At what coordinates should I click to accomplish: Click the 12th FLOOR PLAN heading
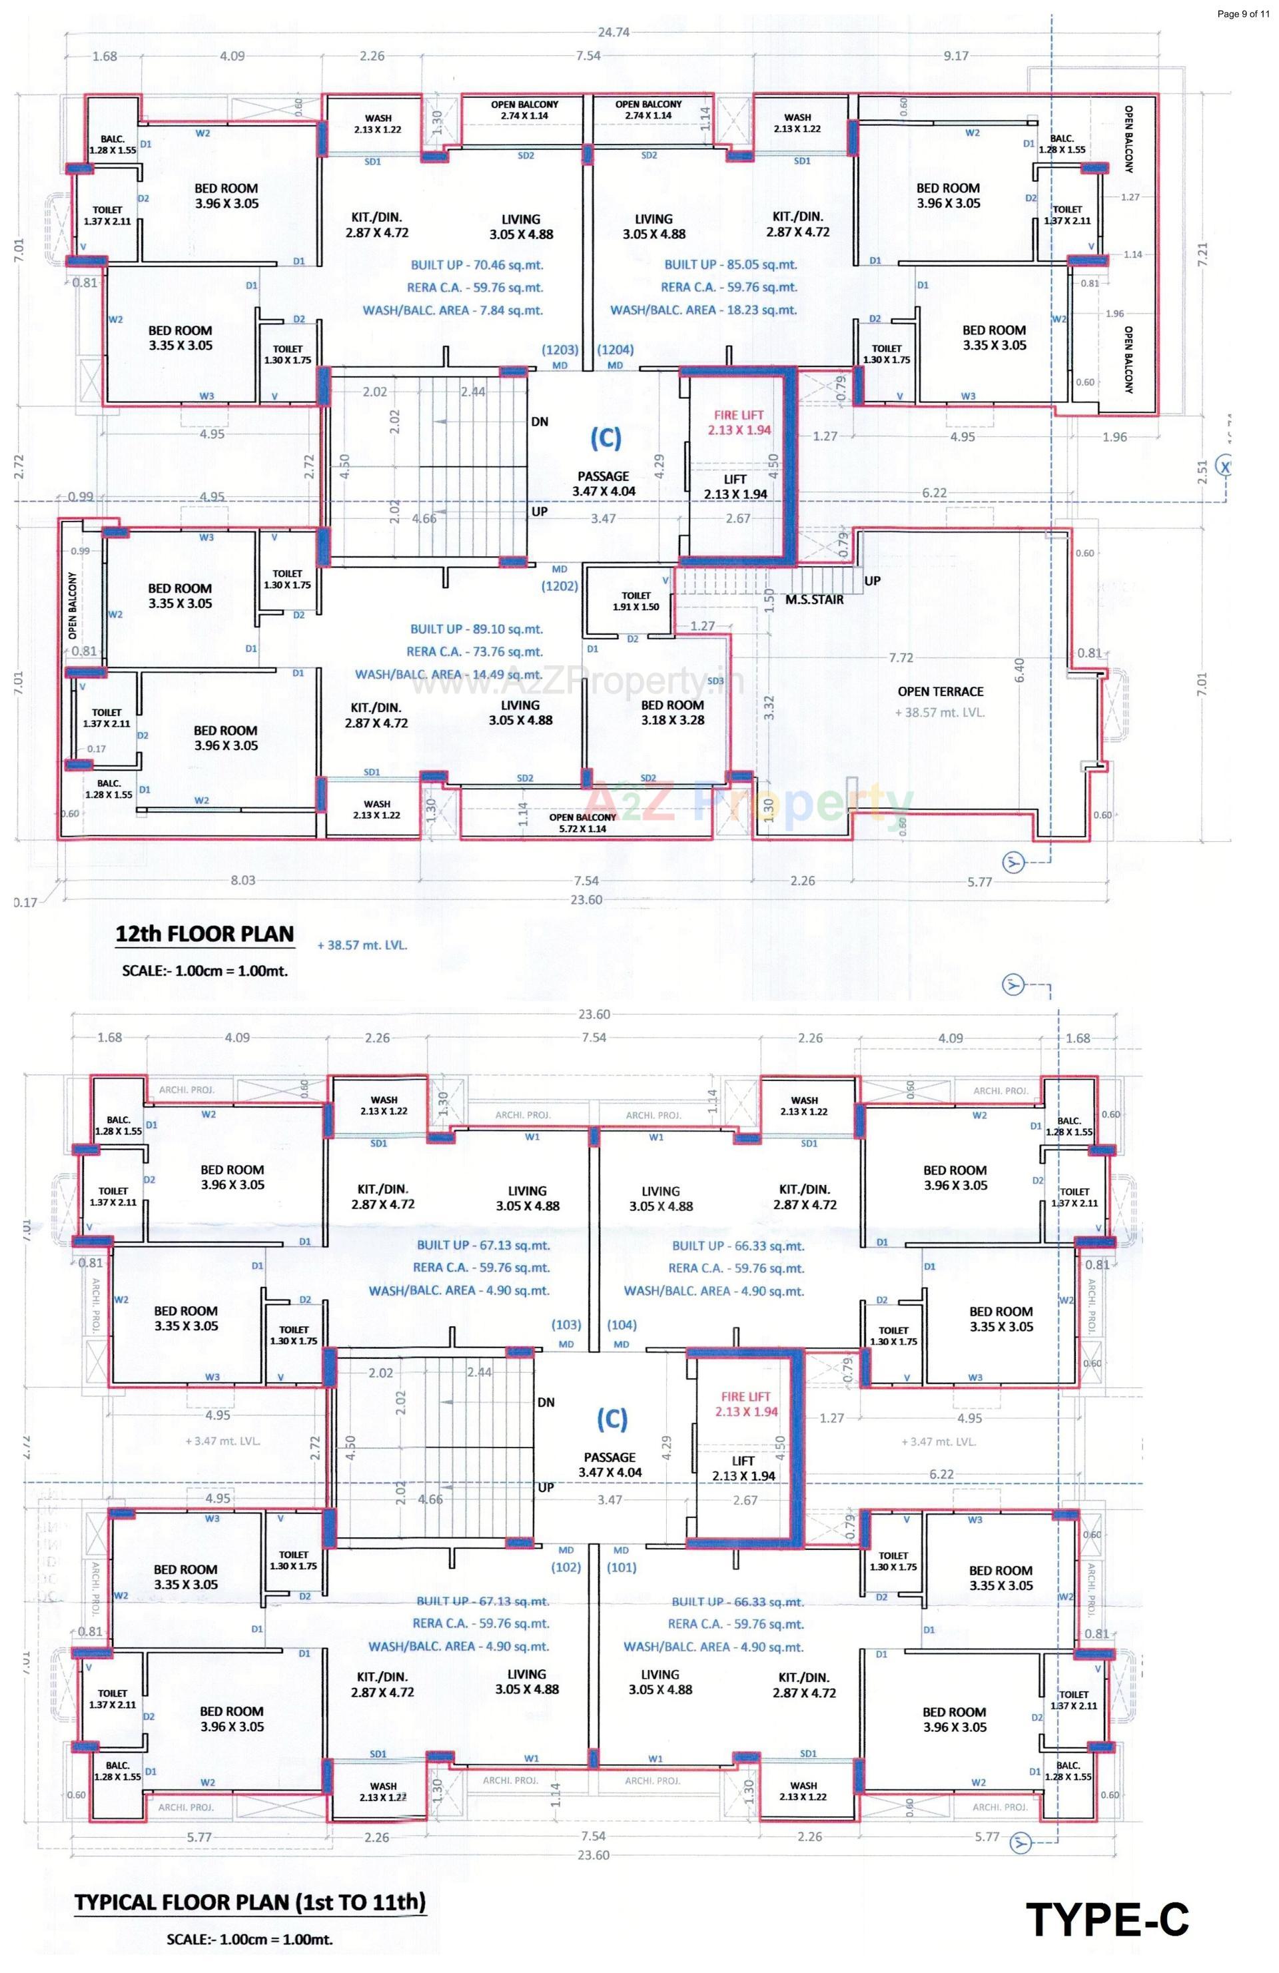204,935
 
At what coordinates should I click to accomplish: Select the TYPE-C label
1106,1919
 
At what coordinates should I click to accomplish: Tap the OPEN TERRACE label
940,691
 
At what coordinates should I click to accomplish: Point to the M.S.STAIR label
814,599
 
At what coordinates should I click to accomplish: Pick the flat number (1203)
560,350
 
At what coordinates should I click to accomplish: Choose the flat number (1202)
560,586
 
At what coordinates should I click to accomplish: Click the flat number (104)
622,1325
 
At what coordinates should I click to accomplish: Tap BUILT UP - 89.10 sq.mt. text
476,629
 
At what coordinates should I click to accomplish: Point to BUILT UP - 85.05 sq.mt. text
729,264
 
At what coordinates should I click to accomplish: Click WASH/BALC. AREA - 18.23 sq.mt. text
703,310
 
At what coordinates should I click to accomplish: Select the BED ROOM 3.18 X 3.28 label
672,712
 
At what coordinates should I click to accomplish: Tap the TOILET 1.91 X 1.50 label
636,601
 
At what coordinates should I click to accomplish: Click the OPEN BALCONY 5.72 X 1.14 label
583,823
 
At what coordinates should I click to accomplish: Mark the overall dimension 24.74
614,33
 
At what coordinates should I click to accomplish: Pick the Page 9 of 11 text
1242,13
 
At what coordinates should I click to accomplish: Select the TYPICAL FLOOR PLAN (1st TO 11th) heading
250,1902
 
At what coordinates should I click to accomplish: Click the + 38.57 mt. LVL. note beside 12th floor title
362,945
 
